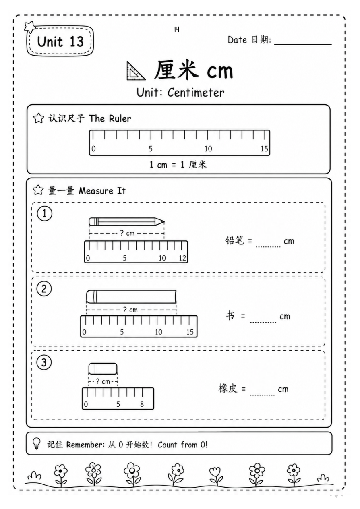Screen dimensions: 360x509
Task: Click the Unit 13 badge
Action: tap(60, 41)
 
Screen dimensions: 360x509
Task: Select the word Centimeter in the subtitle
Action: tap(196, 93)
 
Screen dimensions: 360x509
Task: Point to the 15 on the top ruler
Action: tap(264, 149)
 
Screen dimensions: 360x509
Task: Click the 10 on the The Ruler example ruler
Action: tap(208, 149)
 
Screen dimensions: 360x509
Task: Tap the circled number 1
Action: tap(45, 213)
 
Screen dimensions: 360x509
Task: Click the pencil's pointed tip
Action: tap(164, 222)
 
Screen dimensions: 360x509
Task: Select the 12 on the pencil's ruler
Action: tap(182, 258)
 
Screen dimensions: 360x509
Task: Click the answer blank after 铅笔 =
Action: tap(268, 246)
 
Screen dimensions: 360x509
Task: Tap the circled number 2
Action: tap(44, 289)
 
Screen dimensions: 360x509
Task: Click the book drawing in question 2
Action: tap(131, 296)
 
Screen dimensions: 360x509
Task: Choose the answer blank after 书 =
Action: tap(263, 322)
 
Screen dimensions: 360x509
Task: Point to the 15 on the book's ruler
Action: tap(190, 332)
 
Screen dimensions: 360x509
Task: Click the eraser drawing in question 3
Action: tap(103, 368)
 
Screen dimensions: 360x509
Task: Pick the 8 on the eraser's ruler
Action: tap(142, 404)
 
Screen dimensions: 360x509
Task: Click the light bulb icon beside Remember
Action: tap(36, 443)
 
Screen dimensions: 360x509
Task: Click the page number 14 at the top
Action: tap(177, 29)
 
